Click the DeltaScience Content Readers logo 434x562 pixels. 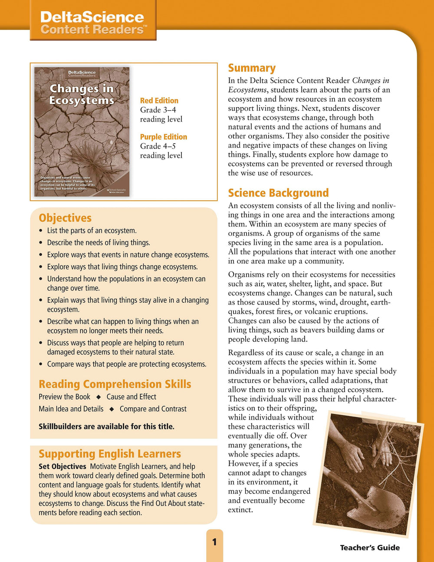tap(92, 23)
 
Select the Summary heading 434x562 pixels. tap(252, 68)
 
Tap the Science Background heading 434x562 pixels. tap(278, 193)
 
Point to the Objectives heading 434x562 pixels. tap(65, 218)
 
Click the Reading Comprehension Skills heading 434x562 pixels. tap(115, 384)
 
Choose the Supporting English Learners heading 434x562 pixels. tap(109, 454)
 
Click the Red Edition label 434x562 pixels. tap(159, 100)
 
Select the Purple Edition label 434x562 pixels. tap(163, 137)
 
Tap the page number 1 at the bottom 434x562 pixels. tap(214, 542)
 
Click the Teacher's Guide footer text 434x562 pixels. tap(370, 548)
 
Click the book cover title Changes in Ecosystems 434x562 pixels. tap(82, 94)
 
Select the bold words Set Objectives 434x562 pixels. tap(62, 466)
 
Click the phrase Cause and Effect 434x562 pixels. tap(131, 397)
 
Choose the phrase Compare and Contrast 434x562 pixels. tap(153, 409)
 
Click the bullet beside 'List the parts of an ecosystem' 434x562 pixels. tap(41, 231)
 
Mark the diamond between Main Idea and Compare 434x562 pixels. tap(112, 409)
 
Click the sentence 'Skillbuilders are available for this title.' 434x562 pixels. tap(106, 426)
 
